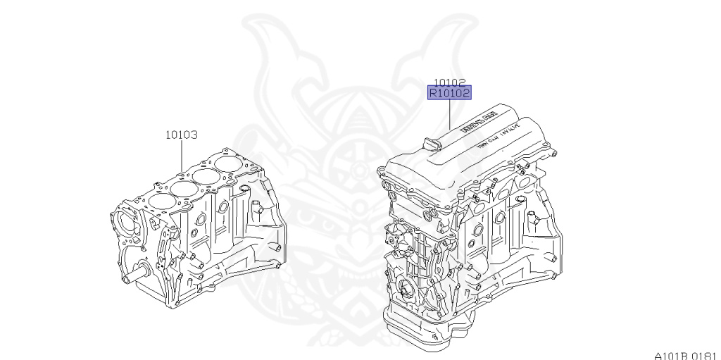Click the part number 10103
[181, 134]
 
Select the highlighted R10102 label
[449, 92]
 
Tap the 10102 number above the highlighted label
[449, 81]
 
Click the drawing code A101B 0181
[682, 354]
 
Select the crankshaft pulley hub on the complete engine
[406, 290]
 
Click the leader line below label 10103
[182, 155]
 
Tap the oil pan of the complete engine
[422, 325]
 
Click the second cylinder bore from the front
[182, 187]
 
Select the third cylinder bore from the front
[206, 175]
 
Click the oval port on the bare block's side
[223, 209]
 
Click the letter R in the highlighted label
[434, 92]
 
